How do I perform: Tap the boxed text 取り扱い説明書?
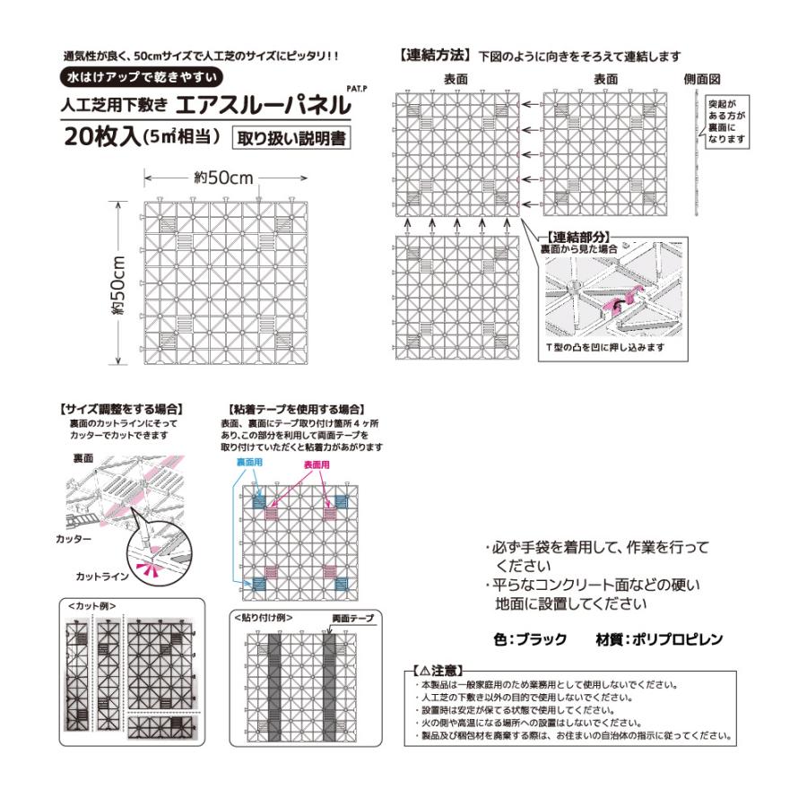point(291,139)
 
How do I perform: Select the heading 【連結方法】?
point(435,56)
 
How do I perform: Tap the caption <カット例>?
point(91,605)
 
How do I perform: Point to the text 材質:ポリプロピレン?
point(658,640)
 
